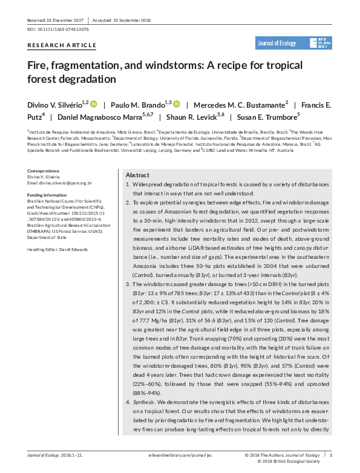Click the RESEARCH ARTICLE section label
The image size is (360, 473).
tap(62, 45)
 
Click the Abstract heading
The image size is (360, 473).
tap(137, 174)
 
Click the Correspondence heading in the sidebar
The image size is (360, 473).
tap(44, 172)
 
